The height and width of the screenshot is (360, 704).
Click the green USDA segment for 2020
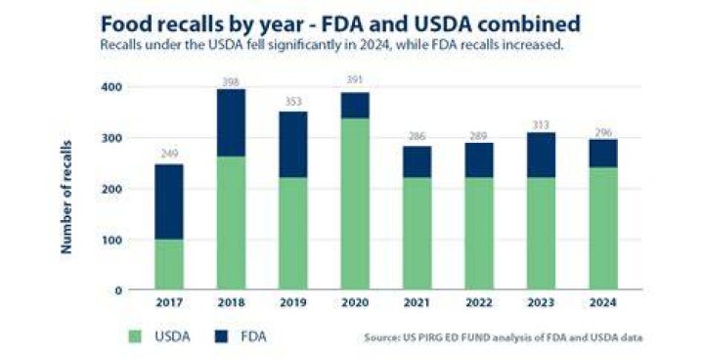pyautogui.click(x=355, y=203)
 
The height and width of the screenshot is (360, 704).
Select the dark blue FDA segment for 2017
pyautogui.click(x=169, y=202)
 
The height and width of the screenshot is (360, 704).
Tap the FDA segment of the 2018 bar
pyautogui.click(x=231, y=122)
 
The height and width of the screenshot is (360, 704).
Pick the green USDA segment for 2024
pyautogui.click(x=603, y=228)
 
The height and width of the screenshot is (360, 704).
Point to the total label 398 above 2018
pyautogui.click(x=231, y=82)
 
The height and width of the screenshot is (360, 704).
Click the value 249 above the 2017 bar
pyautogui.click(x=169, y=154)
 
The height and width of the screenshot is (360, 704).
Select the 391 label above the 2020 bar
pyautogui.click(x=355, y=80)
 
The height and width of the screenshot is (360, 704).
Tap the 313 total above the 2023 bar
pyautogui.click(x=541, y=125)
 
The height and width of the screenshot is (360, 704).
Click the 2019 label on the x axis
pyautogui.click(x=293, y=302)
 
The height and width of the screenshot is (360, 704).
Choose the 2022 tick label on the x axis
pyautogui.click(x=479, y=302)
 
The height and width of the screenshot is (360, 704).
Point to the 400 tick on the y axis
pyautogui.click(x=110, y=86)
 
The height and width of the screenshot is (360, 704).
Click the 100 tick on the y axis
pyautogui.click(x=110, y=240)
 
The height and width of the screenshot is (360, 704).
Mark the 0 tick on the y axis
pyautogui.click(x=117, y=291)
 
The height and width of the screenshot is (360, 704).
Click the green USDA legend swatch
pyautogui.click(x=135, y=337)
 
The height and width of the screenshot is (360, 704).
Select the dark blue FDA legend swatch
pyautogui.click(x=221, y=337)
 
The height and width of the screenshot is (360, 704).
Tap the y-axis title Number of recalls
pyautogui.click(x=66, y=197)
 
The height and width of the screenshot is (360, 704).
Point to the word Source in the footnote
pyautogui.click(x=380, y=337)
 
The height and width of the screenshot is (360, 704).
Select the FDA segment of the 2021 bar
pyautogui.click(x=418, y=161)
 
